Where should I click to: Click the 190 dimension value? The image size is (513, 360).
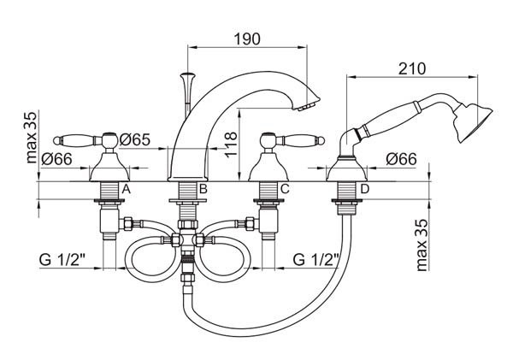pyautogui.click(x=247, y=39)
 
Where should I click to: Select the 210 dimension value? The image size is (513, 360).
pyautogui.click(x=412, y=68)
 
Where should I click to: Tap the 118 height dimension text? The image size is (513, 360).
pyautogui.click(x=231, y=145)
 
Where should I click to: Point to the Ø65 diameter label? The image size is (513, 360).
pyautogui.click(x=135, y=139)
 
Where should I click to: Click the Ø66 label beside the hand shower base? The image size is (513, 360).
pyautogui.click(x=402, y=159)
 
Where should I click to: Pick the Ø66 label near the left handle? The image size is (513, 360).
pyautogui.click(x=56, y=159)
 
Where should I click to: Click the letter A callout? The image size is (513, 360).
pyautogui.click(x=127, y=189)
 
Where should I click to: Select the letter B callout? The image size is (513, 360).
pyautogui.click(x=203, y=189)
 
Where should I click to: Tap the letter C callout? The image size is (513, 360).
pyautogui.click(x=285, y=189)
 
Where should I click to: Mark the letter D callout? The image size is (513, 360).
pyautogui.click(x=364, y=189)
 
